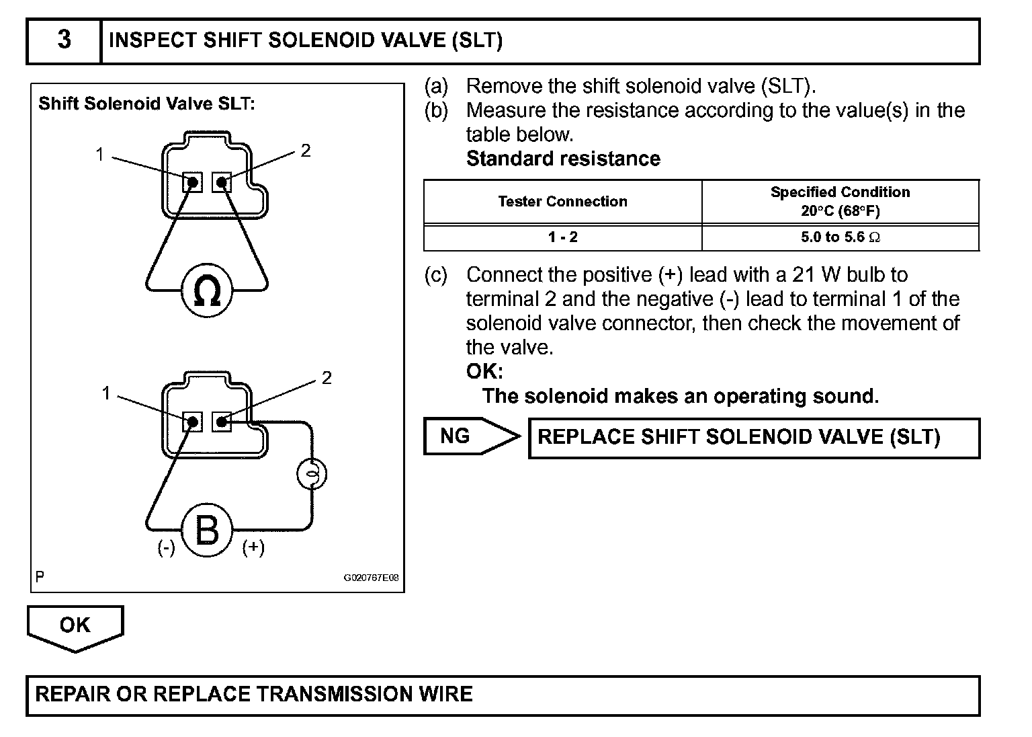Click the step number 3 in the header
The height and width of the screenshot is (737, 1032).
pyautogui.click(x=64, y=40)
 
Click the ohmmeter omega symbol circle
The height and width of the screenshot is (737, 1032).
pyautogui.click(x=207, y=290)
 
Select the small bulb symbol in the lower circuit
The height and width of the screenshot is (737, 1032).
pyautogui.click(x=311, y=475)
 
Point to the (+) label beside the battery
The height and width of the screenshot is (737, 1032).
pyautogui.click(x=253, y=547)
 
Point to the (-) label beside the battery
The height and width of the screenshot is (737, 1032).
pyautogui.click(x=166, y=548)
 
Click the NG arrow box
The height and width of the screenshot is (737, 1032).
pyautogui.click(x=470, y=436)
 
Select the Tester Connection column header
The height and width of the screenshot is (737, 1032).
pyautogui.click(x=562, y=202)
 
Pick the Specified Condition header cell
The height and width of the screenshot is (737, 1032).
pyautogui.click(x=840, y=202)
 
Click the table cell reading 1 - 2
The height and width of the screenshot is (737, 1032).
pyautogui.click(x=562, y=237)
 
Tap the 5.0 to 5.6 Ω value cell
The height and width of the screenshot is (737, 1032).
pyautogui.click(x=840, y=237)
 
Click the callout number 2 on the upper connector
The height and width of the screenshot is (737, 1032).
pyautogui.click(x=306, y=151)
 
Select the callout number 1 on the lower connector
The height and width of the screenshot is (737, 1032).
pyautogui.click(x=105, y=393)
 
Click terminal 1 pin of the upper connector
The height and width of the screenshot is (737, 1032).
pyautogui.click(x=193, y=182)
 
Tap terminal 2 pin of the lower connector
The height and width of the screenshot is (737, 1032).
pyautogui.click(x=221, y=422)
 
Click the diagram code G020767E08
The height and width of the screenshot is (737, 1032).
pyautogui.click(x=372, y=578)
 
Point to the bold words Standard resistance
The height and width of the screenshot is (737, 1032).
pyautogui.click(x=563, y=159)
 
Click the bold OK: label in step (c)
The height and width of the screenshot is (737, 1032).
pyautogui.click(x=484, y=371)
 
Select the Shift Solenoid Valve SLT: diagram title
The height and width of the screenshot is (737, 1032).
pyautogui.click(x=146, y=104)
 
